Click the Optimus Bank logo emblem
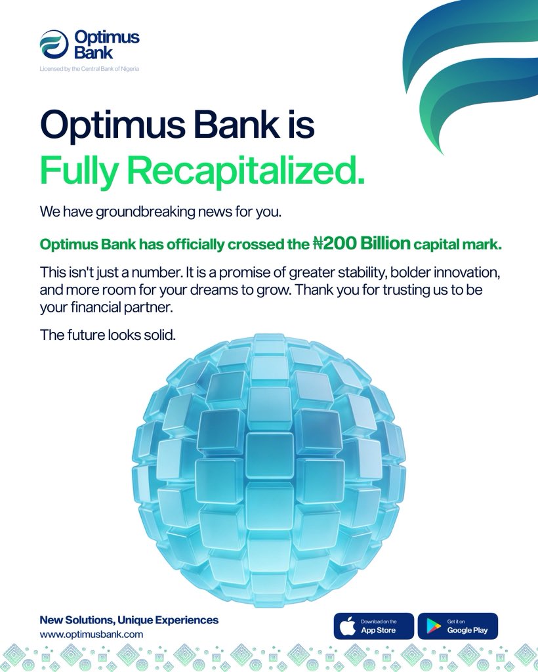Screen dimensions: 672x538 (54, 45)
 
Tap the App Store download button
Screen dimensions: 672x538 (374, 626)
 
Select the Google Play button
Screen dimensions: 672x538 (458, 626)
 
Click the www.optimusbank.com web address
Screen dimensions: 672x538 (91, 634)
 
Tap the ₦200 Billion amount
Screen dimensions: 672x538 (361, 244)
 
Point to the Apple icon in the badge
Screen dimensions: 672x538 (348, 626)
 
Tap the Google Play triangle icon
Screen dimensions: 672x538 (433, 626)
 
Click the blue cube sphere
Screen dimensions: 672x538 (269, 470)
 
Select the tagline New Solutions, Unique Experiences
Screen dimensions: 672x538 (129, 619)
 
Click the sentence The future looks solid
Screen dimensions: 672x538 (108, 335)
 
